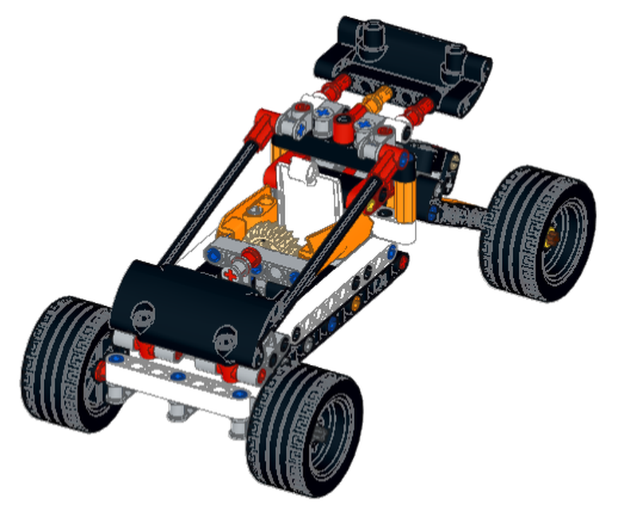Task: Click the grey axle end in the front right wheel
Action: (x=321, y=432)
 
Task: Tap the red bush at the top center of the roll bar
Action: (x=343, y=131)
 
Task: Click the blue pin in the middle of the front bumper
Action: (x=179, y=377)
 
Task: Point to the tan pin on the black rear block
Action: (x=453, y=162)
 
